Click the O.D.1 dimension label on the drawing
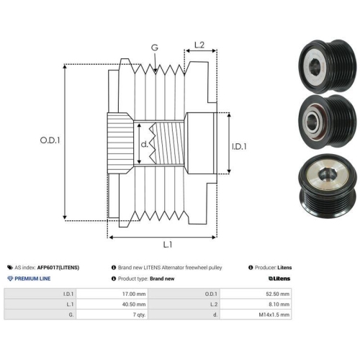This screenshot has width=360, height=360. pyautogui.click(x=50, y=140)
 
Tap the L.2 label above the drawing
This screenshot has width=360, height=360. pyautogui.click(x=199, y=45)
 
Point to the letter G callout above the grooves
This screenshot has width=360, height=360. pyautogui.click(x=155, y=48)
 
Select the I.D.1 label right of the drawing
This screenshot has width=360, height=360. pyautogui.click(x=239, y=146)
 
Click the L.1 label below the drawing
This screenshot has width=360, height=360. pyautogui.click(x=168, y=245)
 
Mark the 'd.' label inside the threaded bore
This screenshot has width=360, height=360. pyautogui.click(x=145, y=144)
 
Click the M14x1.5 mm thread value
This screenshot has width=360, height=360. pyautogui.click(x=274, y=315)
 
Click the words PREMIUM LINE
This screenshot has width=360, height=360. pyautogui.click(x=32, y=279)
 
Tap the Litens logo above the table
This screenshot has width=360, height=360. pyautogui.click(x=279, y=279)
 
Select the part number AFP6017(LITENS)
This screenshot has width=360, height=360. pyautogui.click(x=58, y=267)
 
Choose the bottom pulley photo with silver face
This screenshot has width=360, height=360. pyautogui.click(x=328, y=186)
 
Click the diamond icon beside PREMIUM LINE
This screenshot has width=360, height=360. pyautogui.click(x=10, y=279)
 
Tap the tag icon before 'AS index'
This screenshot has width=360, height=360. pyautogui.click(x=10, y=267)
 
